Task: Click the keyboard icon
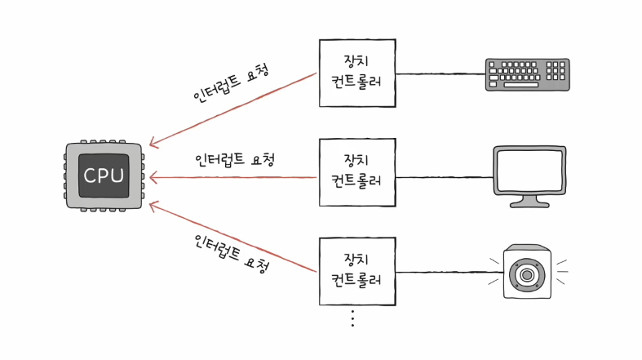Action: (528, 73)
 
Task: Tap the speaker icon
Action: (528, 273)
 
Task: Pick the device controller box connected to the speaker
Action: (356, 273)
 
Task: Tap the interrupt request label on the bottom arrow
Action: (231, 254)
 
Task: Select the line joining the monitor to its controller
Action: (445, 176)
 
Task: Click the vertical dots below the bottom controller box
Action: (352, 319)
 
